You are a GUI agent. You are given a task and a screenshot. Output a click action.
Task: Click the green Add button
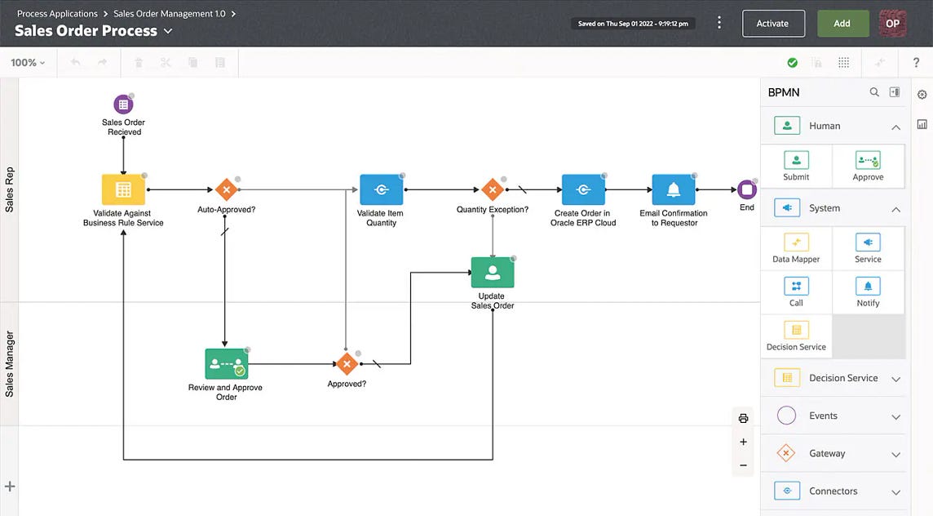click(842, 24)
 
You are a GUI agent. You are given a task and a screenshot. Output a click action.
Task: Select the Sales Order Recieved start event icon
click(123, 105)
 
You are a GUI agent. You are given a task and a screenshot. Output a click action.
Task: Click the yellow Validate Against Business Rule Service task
click(123, 189)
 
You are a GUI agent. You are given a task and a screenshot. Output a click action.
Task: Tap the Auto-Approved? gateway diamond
click(226, 189)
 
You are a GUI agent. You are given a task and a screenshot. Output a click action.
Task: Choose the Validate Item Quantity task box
click(381, 189)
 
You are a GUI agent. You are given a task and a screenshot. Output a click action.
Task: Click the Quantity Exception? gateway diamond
click(493, 189)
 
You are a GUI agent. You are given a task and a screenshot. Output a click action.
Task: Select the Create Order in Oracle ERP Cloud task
click(583, 189)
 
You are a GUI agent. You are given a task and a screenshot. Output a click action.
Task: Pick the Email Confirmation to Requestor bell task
click(673, 189)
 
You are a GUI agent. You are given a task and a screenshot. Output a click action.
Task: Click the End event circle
click(747, 189)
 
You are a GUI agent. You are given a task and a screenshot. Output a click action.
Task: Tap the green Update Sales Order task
click(493, 273)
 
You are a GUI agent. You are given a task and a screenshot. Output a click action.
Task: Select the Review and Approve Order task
click(226, 364)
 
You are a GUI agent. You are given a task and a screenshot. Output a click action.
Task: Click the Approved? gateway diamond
click(347, 364)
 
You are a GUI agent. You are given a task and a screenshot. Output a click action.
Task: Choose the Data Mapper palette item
click(796, 248)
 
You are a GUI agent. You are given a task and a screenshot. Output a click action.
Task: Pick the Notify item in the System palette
click(868, 291)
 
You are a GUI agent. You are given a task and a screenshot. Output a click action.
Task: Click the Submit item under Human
click(796, 166)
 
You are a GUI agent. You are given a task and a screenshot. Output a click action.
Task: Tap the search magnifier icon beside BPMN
click(874, 92)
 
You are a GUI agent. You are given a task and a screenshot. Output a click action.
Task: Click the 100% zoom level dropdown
click(28, 63)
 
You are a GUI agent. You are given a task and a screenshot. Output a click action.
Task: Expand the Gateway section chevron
click(895, 454)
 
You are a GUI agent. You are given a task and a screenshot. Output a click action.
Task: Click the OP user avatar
click(892, 24)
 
